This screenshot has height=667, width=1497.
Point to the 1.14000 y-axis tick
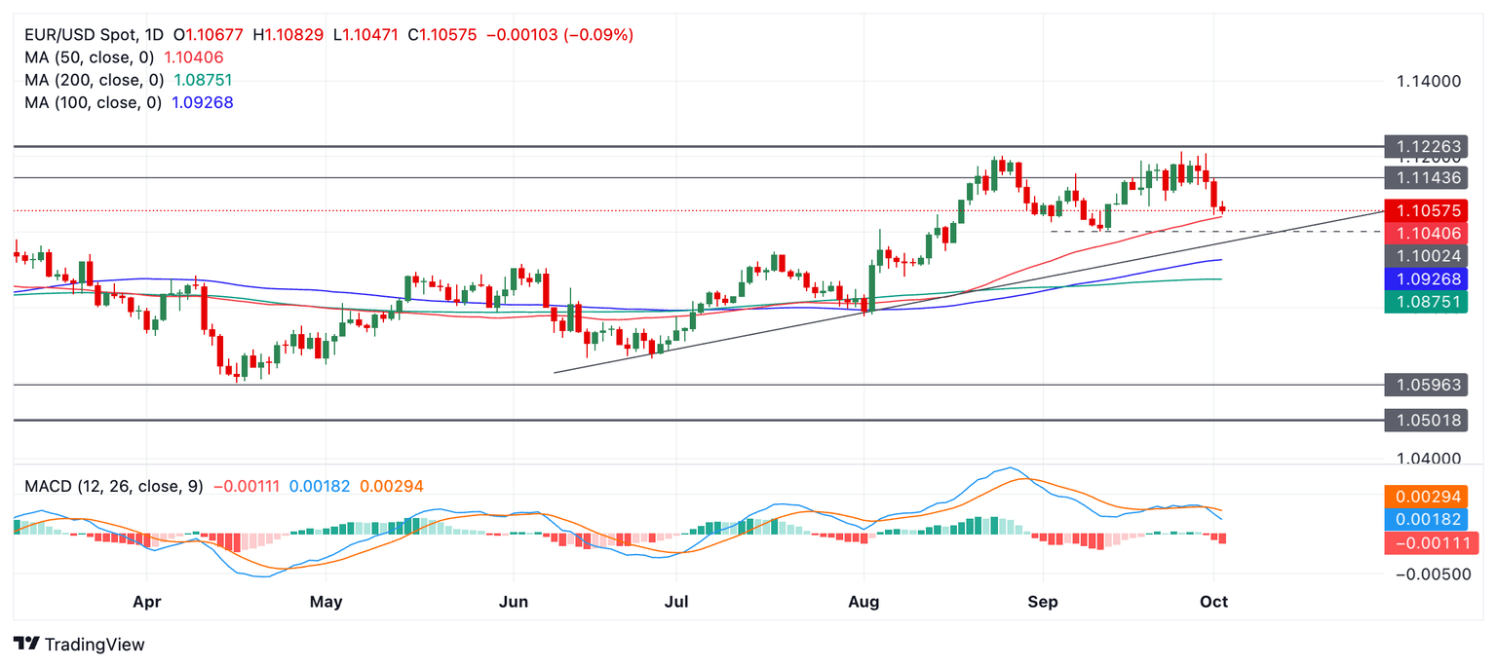[1428, 81]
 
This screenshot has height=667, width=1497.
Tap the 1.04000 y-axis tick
[1428, 459]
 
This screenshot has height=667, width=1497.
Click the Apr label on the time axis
[146, 602]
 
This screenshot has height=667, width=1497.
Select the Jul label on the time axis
[675, 602]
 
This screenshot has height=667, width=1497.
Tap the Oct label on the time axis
[1213, 602]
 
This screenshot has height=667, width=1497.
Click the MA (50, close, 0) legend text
[90, 57]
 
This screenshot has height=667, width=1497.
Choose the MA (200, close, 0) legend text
[94, 80]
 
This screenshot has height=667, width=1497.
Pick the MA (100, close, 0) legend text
[94, 102]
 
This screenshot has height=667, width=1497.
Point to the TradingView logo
[81, 644]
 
